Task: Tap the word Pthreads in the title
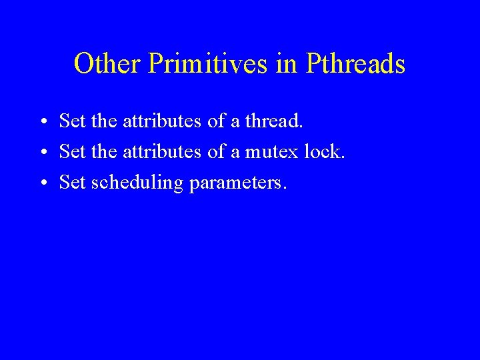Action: tap(355, 64)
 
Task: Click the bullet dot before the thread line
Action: tap(42, 122)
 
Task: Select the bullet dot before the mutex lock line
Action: tap(42, 153)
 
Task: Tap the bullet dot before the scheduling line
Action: tap(42, 183)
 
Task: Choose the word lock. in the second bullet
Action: tap(325, 152)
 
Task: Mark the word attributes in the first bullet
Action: tap(161, 121)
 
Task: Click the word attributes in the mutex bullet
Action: tap(161, 152)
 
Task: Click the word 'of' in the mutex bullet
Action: tap(217, 152)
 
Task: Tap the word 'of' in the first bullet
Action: tap(217, 121)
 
